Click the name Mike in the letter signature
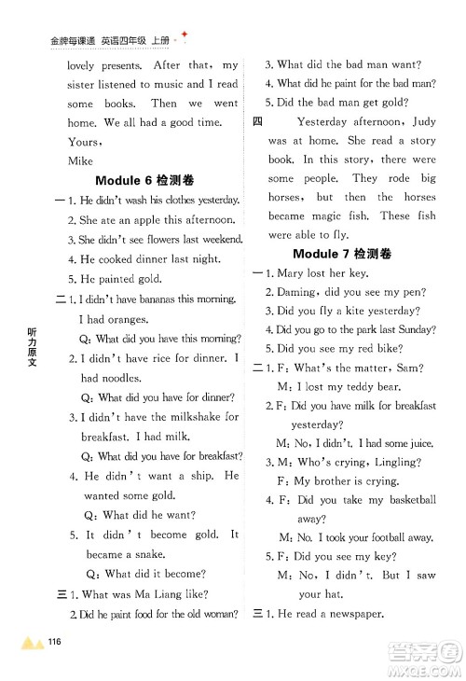(81, 160)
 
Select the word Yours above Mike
(85, 141)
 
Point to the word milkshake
(191, 417)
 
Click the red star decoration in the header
(185, 35)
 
